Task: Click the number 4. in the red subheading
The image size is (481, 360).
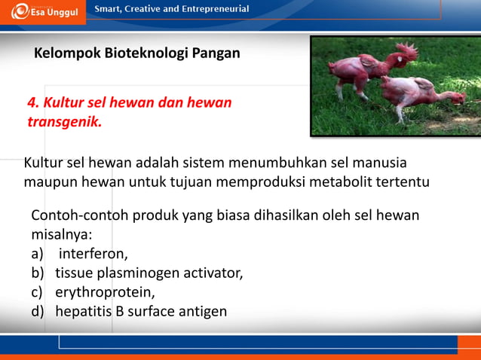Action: click(x=34, y=102)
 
